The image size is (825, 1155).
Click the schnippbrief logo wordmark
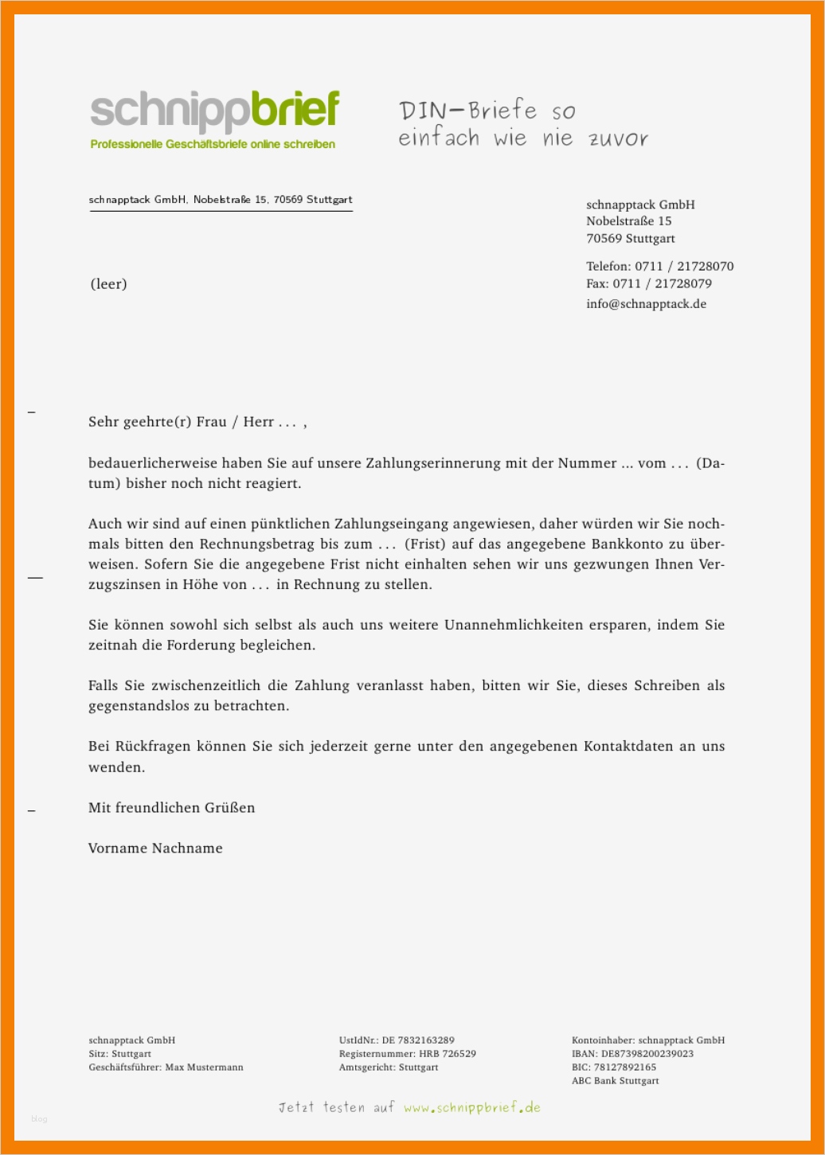215,111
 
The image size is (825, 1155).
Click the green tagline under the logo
213,145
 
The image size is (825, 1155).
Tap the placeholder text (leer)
108,284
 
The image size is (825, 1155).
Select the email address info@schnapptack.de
646,304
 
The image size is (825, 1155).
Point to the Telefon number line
659,267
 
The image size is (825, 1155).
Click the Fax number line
648,284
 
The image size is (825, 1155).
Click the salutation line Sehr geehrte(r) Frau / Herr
197,422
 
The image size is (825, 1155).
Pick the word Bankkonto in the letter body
628,544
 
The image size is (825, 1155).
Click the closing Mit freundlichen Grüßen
171,808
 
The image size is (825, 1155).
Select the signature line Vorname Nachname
155,849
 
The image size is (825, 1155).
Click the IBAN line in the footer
632,1054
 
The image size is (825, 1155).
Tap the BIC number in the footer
624,1067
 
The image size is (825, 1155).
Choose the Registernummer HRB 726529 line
407,1054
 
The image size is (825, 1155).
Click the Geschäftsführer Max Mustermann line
166,1067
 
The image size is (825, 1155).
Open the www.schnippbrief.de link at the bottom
471,1107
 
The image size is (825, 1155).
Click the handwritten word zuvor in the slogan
618,139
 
